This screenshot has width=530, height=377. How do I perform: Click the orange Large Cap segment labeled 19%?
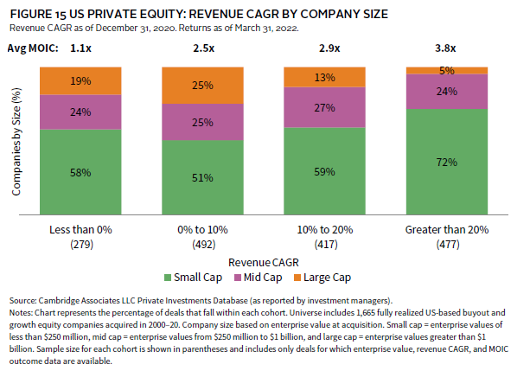click(80, 82)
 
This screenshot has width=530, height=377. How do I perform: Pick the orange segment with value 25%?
click(203, 86)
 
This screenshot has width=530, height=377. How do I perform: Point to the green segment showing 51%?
click(203, 178)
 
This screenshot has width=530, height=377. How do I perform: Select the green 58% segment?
click(80, 172)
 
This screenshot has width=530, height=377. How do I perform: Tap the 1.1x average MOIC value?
click(80, 48)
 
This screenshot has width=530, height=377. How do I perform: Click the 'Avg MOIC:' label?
click(34, 48)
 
